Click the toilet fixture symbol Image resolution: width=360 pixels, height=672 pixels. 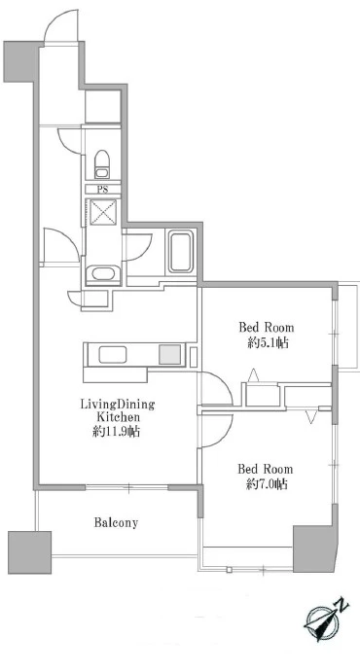point(102,163)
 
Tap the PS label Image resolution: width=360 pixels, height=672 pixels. point(103,189)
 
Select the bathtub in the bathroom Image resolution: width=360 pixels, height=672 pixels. point(180,253)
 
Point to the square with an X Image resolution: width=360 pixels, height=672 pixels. point(103,213)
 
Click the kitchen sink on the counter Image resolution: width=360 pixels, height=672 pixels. point(113,355)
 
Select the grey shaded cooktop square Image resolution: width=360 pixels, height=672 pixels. point(169,355)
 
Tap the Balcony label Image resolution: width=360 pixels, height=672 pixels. point(116,523)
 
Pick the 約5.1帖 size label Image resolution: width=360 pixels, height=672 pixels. point(268,343)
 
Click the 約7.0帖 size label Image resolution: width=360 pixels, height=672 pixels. point(267,484)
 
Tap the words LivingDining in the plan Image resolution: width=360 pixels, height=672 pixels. point(118,405)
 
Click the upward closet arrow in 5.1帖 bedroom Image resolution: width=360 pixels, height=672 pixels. point(254,375)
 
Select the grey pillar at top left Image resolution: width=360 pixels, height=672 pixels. point(21,61)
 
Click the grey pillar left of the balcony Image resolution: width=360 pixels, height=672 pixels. point(30,552)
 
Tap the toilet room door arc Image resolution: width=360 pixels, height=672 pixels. point(68,141)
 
